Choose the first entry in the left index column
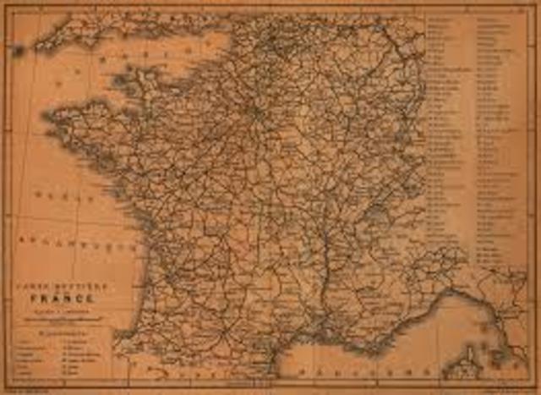coord(440,18)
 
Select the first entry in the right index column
coord(490,18)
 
